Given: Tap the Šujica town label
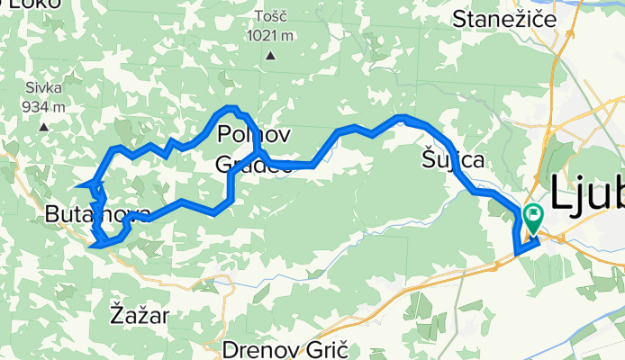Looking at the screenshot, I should (x=453, y=161).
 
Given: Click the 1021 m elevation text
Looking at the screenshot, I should (x=274, y=36).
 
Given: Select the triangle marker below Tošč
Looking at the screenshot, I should (x=270, y=56).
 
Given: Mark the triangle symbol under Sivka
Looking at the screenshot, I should (x=42, y=127).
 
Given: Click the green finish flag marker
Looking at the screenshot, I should (x=532, y=217).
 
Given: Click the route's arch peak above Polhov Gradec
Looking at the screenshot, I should (x=231, y=109).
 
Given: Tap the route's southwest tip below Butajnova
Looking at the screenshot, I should (x=93, y=241).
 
